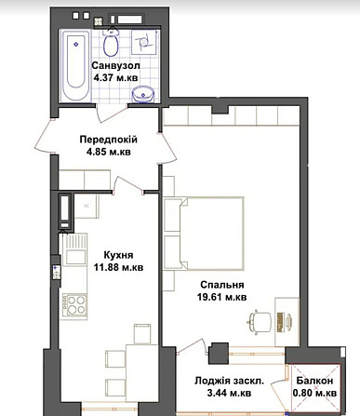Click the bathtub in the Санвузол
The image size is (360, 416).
point(75,65)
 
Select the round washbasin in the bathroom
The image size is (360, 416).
point(143,94)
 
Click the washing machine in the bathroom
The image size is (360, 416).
point(143,42)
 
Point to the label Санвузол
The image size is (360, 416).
point(116,65)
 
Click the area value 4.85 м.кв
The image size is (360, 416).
point(109,152)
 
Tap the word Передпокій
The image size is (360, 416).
point(108,140)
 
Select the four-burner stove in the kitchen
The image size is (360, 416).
point(74,304)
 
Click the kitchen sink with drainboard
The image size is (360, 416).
point(74,249)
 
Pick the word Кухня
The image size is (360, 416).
point(118,255)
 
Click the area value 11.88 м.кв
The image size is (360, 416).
point(119,267)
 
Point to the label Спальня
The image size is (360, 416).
point(222,285)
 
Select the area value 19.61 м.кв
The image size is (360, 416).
point(222,297)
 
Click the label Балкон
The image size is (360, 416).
point(314,381)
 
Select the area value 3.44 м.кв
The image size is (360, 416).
point(229,394)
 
